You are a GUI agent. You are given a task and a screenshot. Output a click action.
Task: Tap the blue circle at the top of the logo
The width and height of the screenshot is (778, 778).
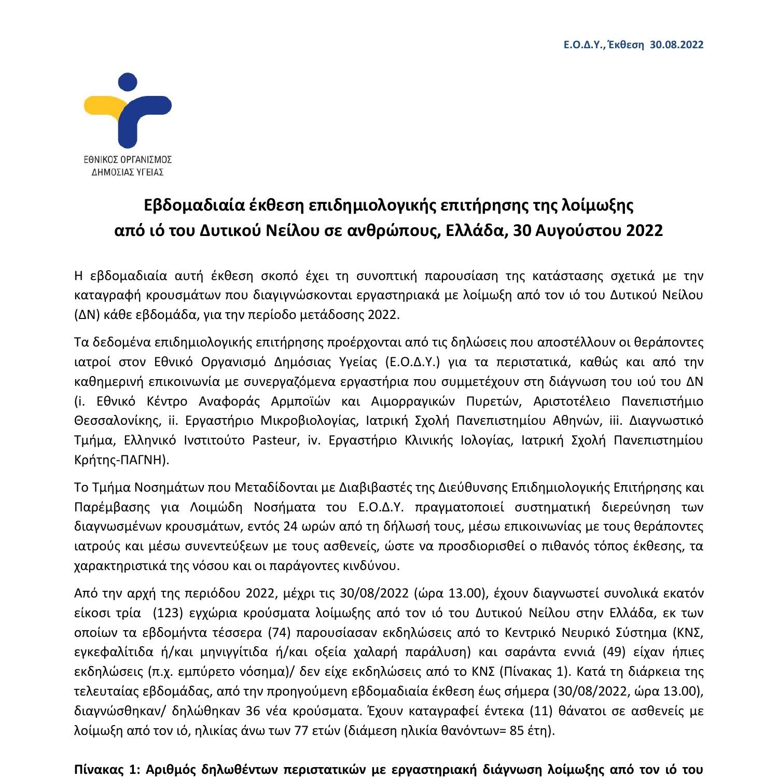[128, 83]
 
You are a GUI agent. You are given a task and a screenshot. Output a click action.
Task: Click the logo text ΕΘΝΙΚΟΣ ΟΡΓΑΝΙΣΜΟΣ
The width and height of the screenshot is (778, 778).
[128, 159]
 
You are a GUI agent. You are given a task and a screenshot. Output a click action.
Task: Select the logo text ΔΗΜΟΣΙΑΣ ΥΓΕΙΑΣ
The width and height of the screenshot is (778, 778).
[128, 172]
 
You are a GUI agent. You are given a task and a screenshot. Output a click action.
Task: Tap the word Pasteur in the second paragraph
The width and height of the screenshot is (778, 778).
[275, 440]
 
